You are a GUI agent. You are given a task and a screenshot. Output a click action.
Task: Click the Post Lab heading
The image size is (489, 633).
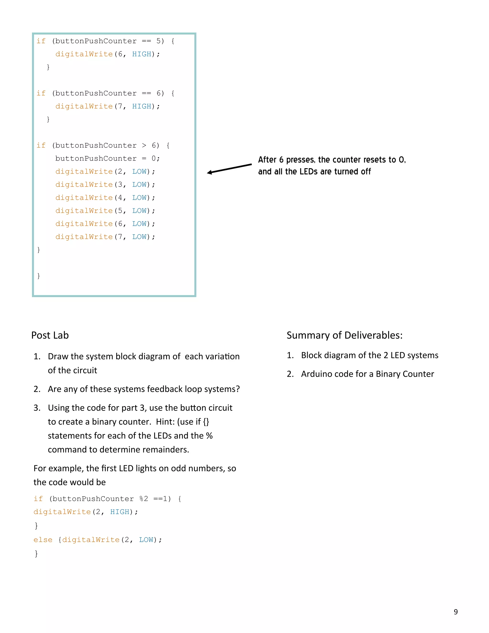point(50,335)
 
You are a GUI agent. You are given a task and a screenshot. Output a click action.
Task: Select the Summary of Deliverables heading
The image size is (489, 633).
point(345,335)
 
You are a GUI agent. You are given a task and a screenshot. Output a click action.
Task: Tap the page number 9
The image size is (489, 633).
point(456,612)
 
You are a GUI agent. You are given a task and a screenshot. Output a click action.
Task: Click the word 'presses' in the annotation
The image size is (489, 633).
point(300,160)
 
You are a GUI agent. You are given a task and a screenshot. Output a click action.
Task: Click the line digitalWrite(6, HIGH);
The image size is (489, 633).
point(107,54)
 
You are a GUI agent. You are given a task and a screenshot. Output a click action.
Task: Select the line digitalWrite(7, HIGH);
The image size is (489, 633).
point(107,106)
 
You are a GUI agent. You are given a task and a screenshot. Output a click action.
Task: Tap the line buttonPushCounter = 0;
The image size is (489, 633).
point(107,159)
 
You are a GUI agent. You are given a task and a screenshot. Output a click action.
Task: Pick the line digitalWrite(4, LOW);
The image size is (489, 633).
point(105,198)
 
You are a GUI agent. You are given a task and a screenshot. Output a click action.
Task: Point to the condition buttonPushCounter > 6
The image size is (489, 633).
point(106,145)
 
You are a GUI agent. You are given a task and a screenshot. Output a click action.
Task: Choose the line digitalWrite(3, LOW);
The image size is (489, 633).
point(105,185)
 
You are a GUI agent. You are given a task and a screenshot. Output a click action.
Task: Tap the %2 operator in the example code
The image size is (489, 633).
point(144,499)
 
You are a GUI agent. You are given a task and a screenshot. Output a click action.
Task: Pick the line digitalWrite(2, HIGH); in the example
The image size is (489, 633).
point(86,512)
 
